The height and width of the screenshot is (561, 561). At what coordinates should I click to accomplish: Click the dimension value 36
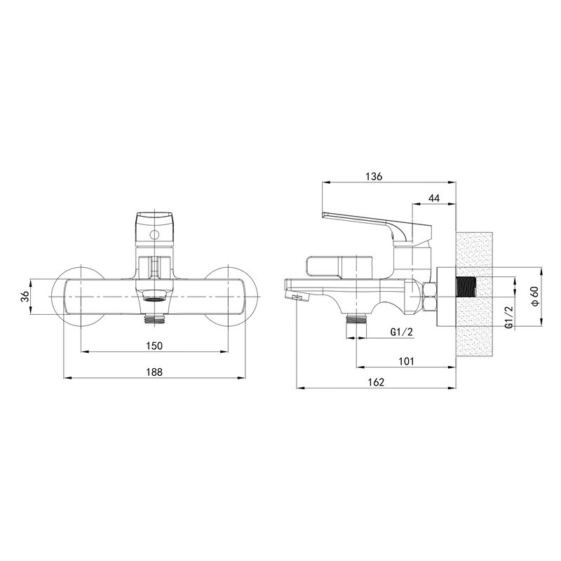pyautogui.click(x=25, y=296)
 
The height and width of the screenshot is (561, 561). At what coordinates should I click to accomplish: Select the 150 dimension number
pyautogui.click(x=154, y=345)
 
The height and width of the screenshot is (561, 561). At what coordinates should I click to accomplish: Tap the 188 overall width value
pyautogui.click(x=154, y=373)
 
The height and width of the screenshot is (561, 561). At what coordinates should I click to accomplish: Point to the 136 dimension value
pyautogui.click(x=374, y=177)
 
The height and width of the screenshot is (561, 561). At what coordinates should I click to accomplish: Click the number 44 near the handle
pyautogui.click(x=433, y=199)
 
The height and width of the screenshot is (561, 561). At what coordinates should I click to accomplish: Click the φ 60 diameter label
pyautogui.click(x=534, y=296)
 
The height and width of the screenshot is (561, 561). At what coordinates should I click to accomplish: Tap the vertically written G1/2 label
pyautogui.click(x=508, y=317)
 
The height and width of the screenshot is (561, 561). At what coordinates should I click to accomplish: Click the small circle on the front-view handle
pyautogui.click(x=155, y=234)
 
